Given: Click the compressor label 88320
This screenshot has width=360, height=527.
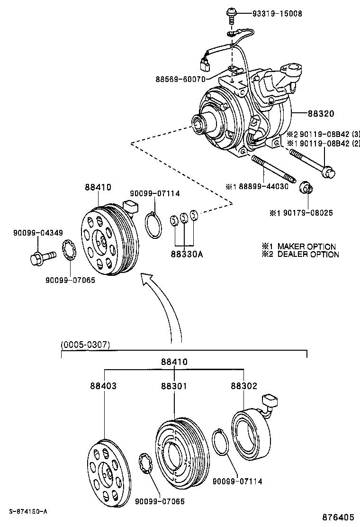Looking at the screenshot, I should (x=321, y=114).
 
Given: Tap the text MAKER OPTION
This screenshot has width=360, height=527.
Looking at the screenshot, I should (x=306, y=246).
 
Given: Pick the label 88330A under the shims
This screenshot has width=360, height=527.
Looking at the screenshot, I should (x=187, y=254).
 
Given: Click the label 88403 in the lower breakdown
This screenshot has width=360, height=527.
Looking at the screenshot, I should (x=103, y=386).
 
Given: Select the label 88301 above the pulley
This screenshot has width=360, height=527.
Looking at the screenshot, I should (x=174, y=386).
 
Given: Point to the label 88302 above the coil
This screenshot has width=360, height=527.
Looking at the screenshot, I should (x=243, y=386).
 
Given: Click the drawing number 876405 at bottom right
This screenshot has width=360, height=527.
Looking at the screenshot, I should (x=339, y=518).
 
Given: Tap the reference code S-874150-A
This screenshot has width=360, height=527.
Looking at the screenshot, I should (x=28, y=511).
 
